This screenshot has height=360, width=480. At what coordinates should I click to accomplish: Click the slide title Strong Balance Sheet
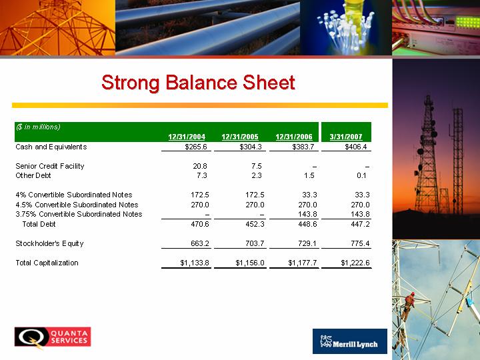click(198, 83)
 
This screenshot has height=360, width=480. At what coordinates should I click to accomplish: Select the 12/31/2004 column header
click(187, 137)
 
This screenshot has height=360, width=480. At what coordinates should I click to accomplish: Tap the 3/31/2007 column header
click(346, 137)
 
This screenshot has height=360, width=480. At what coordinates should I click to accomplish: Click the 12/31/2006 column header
click(294, 137)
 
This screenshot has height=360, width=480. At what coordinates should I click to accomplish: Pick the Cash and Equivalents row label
click(51, 147)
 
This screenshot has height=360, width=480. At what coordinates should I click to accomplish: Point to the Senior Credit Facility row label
click(50, 166)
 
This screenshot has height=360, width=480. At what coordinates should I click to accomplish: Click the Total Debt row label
click(39, 224)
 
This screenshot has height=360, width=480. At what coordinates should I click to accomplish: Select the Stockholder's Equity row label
click(49, 244)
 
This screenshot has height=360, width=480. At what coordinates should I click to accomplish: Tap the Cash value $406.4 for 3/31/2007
click(356, 147)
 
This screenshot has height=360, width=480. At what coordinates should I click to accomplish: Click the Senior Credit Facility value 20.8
click(200, 166)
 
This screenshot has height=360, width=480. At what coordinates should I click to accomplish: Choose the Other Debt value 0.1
click(361, 175)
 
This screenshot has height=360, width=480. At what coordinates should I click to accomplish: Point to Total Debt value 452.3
click(255, 224)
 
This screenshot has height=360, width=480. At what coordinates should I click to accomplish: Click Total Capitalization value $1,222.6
click(355, 263)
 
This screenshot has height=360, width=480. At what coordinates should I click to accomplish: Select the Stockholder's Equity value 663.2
click(200, 244)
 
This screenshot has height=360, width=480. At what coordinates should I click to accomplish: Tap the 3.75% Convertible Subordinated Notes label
click(79, 214)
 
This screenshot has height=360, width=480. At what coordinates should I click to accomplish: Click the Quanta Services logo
click(53, 337)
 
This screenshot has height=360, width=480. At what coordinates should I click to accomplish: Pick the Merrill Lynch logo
click(350, 341)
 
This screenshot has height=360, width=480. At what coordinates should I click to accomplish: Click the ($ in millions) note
click(38, 127)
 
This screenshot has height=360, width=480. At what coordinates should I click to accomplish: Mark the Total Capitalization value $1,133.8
click(195, 263)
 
